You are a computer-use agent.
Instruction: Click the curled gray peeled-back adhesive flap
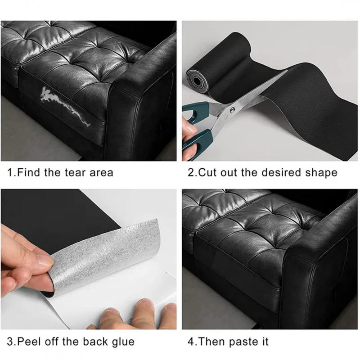point(106,256)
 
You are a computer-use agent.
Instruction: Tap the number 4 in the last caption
point(190,342)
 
